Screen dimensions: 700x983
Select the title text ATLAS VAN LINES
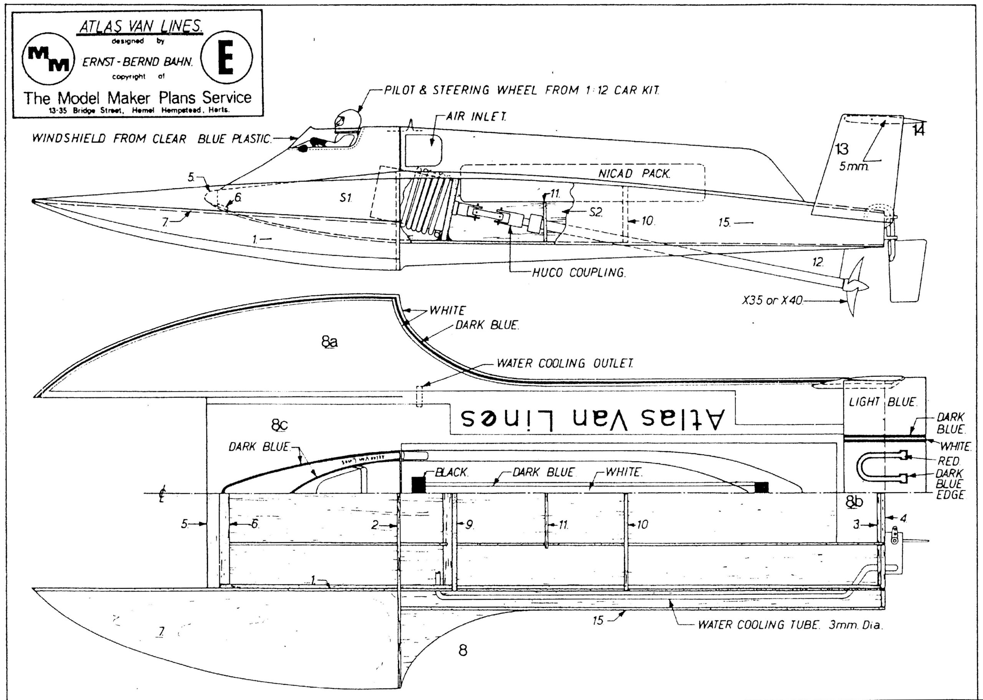click(x=141, y=27)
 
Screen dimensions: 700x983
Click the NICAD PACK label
click(x=633, y=174)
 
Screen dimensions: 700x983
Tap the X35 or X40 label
click(x=772, y=300)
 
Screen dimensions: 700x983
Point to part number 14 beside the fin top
click(x=918, y=130)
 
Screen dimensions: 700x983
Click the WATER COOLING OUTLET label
click(x=564, y=363)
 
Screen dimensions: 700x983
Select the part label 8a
click(x=329, y=342)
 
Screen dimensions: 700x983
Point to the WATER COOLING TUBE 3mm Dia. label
click(x=790, y=625)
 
